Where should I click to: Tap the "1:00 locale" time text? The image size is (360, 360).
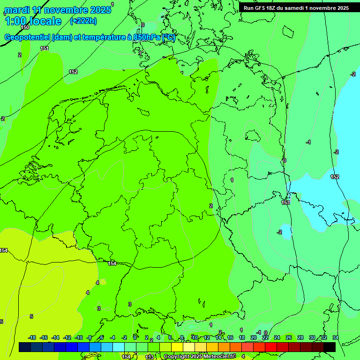pos(33,21)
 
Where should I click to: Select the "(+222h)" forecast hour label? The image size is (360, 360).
pos(83,21)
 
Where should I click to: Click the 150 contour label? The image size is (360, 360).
pos(25,28)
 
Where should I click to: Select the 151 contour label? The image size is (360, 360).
pos(45,48)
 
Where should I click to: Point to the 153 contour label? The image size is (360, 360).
pos(285,202)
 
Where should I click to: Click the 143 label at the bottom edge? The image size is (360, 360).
pos(150,357)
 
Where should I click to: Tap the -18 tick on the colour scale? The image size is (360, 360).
pos(32,337)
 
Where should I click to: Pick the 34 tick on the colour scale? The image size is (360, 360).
pos(335,337)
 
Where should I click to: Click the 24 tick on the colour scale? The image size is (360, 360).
pos(277,337)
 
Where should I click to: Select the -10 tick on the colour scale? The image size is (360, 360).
pos(79,337)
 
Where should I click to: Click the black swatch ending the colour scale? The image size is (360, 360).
pos(330,347)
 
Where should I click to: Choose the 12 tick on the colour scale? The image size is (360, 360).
pos(207,337)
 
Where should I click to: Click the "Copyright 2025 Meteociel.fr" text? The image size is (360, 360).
pos(199,357)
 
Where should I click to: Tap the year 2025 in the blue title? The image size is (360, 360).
pos(98,10)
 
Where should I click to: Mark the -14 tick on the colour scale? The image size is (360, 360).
pos(55,337)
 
